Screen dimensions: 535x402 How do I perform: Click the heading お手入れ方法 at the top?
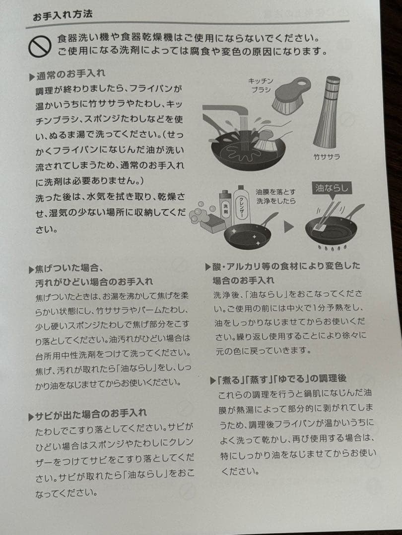coord(63,15)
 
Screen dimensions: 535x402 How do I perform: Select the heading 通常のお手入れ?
coord(70,75)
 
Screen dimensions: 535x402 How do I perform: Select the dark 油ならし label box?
coord(331,188)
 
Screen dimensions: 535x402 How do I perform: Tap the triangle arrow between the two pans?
coord(289,229)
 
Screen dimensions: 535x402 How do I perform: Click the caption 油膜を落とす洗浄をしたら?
coord(275,196)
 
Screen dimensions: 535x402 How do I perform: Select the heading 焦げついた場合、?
coord(68,269)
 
